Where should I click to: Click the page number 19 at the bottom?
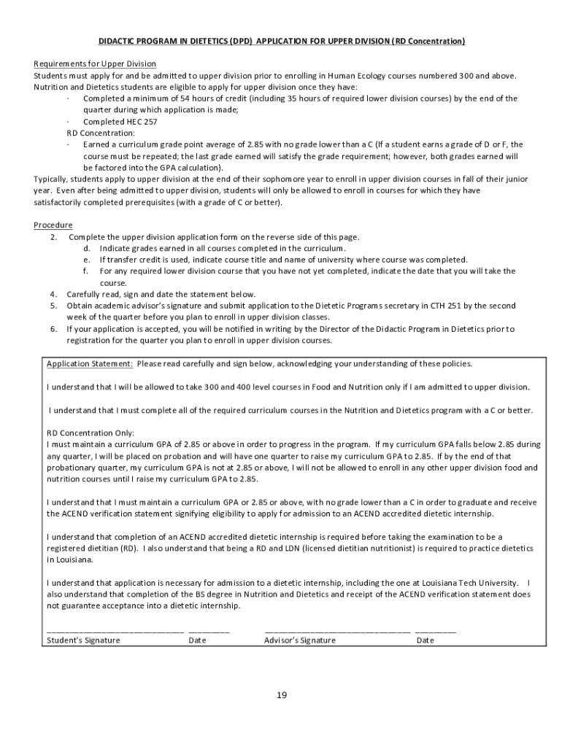281,695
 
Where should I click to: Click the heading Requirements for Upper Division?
95,63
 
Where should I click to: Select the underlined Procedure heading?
53,225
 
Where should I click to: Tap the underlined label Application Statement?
90,363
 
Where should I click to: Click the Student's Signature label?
83,640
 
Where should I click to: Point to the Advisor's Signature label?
300,640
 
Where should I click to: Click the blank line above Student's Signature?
115,630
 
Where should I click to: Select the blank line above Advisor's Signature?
337,630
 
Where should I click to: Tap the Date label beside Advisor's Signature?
426,640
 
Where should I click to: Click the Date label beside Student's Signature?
198,640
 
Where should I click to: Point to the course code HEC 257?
140,122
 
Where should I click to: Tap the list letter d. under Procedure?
86,248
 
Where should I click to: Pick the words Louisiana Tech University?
472,583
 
